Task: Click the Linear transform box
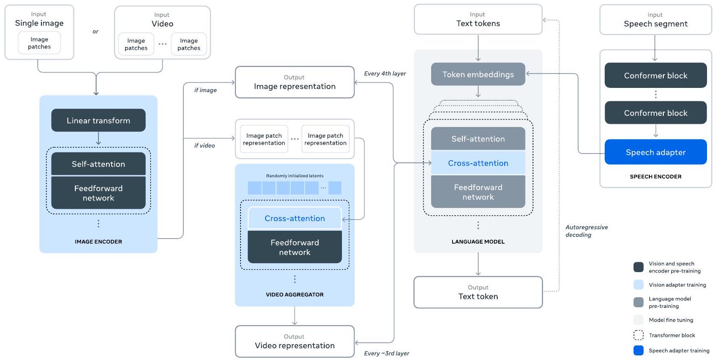click(x=98, y=120)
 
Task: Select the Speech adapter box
click(x=656, y=152)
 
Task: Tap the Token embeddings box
click(x=478, y=74)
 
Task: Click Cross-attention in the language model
click(x=478, y=163)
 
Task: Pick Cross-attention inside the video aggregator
click(x=294, y=219)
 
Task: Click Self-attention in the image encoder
click(x=98, y=164)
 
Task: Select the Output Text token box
click(x=478, y=292)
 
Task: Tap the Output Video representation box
click(x=294, y=341)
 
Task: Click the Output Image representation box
click(x=294, y=82)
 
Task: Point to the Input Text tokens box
click(x=478, y=20)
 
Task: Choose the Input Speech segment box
click(x=656, y=20)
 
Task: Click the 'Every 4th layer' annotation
click(x=385, y=73)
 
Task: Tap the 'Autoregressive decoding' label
click(x=587, y=231)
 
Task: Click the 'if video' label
click(x=205, y=146)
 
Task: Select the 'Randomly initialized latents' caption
click(x=294, y=176)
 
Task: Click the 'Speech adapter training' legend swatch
click(x=639, y=350)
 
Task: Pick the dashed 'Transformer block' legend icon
click(x=639, y=335)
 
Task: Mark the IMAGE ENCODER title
click(x=98, y=242)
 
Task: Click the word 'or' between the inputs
click(x=95, y=32)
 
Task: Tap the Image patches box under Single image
click(x=39, y=43)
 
